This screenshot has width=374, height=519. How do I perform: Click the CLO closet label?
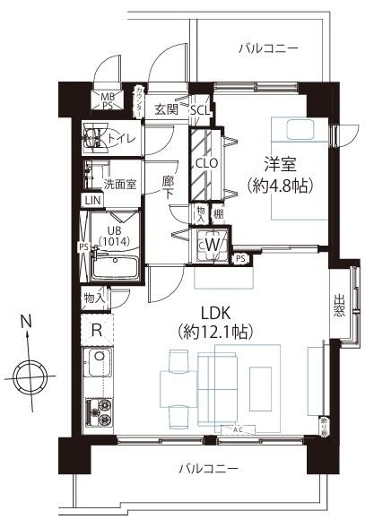point(207,163)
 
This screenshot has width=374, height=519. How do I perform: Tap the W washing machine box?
point(213,241)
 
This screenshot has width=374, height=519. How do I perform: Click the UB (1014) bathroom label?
point(113,234)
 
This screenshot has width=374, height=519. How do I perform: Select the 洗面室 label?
point(117,184)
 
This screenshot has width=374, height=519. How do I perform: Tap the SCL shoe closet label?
point(199,109)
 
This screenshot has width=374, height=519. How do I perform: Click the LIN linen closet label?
point(91,201)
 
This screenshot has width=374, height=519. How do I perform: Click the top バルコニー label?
point(268,47)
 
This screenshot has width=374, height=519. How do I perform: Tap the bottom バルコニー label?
point(207,469)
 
